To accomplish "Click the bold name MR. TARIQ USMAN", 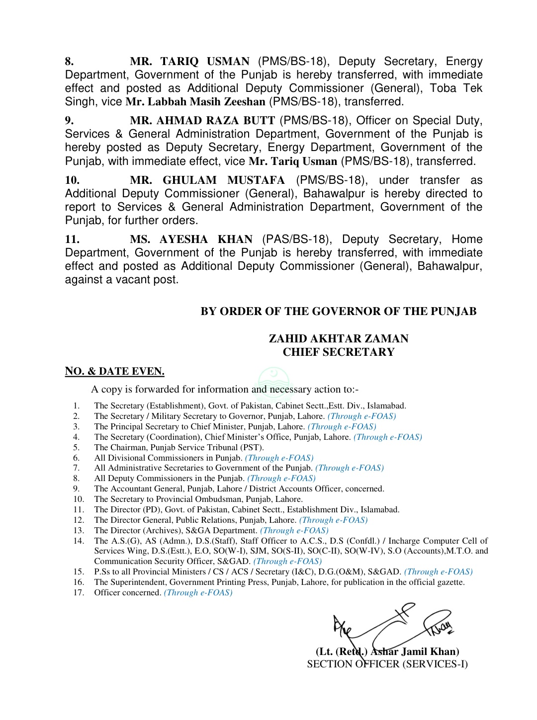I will pyautogui.click(x=189, y=62).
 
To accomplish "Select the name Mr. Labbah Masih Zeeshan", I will pyautogui.click(x=195, y=102).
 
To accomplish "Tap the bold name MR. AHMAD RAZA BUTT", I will pyautogui.click(x=202, y=121).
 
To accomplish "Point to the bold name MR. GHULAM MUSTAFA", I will pyautogui.click(x=207, y=180).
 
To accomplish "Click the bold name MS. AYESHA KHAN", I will pyautogui.click(x=191, y=240).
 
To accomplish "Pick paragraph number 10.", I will pyautogui.click(x=72, y=180).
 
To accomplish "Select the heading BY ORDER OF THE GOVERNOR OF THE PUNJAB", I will pyautogui.click(x=338, y=312).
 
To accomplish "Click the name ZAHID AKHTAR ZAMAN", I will pyautogui.click(x=338, y=339).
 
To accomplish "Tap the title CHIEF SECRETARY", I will pyautogui.click(x=338, y=352).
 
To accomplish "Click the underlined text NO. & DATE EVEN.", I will pyautogui.click(x=114, y=371).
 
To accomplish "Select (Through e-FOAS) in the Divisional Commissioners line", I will pyautogui.click(x=279, y=458).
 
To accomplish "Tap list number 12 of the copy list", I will pyautogui.click(x=79, y=520).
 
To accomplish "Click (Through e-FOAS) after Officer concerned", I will pyautogui.click(x=198, y=592).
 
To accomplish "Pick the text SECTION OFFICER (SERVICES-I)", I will pyautogui.click(x=387, y=664).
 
